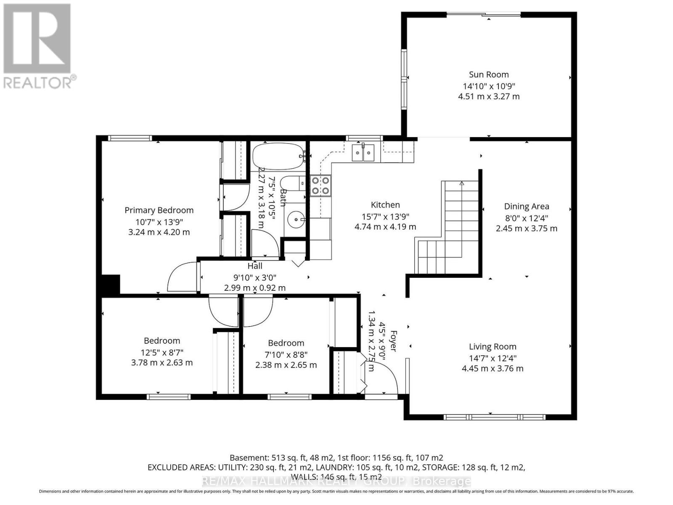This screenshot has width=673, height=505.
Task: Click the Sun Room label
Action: click(x=489, y=74)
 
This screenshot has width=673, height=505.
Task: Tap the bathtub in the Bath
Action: click(x=278, y=156)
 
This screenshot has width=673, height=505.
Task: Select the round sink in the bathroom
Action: click(x=297, y=219)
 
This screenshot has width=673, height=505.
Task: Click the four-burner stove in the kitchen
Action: click(x=321, y=186)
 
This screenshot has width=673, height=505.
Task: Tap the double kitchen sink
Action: click(x=363, y=153)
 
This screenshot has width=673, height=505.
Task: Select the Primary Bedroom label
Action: click(x=159, y=210)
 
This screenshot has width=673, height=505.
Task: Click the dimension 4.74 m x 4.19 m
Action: click(x=385, y=227)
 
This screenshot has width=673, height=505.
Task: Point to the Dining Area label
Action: click(x=527, y=206)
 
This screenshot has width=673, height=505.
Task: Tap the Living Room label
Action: click(x=493, y=347)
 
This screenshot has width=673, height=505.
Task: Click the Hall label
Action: click(x=255, y=266)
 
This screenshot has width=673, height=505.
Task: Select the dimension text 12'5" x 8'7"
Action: click(x=162, y=352)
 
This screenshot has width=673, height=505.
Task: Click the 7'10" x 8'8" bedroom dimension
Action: click(x=286, y=354)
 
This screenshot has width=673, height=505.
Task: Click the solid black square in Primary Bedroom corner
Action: click(x=111, y=284)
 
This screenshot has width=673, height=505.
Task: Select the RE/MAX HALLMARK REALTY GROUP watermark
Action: click(x=336, y=481)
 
